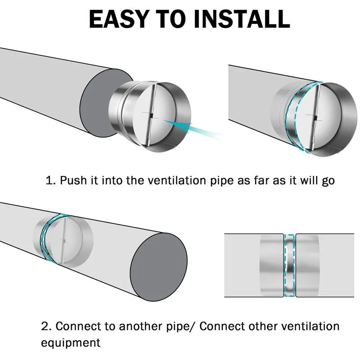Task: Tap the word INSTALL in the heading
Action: click(x=242, y=19)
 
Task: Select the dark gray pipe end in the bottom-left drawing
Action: click(x=159, y=267)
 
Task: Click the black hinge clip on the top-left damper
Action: click(x=152, y=115)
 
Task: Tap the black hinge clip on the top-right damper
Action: click(x=316, y=118)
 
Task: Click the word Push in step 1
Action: click(x=73, y=180)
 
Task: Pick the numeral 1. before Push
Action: click(x=51, y=180)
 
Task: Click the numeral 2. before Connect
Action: click(x=47, y=326)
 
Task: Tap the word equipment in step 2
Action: click(x=71, y=343)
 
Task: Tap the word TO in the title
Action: click(x=171, y=19)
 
